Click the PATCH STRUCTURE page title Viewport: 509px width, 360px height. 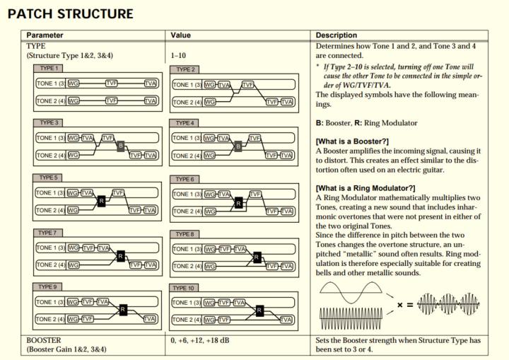[70, 13]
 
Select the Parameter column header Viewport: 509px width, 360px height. [45, 35]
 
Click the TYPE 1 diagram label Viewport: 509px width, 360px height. [49, 69]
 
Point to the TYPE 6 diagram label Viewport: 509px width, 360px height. [185, 180]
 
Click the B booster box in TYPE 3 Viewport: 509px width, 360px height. [120, 146]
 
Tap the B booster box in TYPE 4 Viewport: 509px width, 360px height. [238, 146]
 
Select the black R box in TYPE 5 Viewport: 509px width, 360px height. [102, 201]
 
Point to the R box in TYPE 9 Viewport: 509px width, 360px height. [123, 310]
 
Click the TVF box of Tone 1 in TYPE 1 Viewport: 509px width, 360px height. [112, 83]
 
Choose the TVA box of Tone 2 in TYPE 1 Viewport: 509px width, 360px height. [150, 100]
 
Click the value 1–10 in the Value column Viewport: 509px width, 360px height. [179, 54]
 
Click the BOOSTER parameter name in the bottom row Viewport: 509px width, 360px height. [45, 341]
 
